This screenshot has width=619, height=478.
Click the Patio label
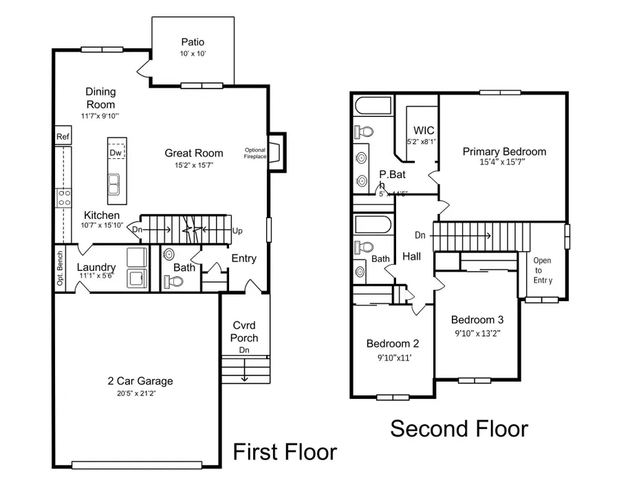click(x=193, y=42)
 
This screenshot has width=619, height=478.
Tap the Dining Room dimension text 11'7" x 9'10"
click(x=100, y=116)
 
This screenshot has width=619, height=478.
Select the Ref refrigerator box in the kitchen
click(x=63, y=137)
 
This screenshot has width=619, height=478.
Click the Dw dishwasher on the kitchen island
click(x=116, y=153)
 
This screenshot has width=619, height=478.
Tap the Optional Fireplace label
click(x=255, y=153)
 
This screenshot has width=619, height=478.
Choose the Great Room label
click(x=194, y=153)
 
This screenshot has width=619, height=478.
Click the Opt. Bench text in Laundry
click(x=61, y=268)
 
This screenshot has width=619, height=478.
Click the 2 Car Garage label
click(x=140, y=381)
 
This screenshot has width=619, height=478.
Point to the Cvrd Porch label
click(x=244, y=332)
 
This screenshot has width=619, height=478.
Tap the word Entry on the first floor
click(x=243, y=259)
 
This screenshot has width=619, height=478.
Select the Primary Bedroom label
click(x=504, y=152)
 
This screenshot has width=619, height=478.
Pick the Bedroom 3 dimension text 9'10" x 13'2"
click(x=477, y=334)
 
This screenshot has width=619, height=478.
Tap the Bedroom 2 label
click(x=392, y=344)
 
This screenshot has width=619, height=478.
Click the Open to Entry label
click(x=543, y=270)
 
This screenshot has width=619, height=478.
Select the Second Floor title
click(x=459, y=428)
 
